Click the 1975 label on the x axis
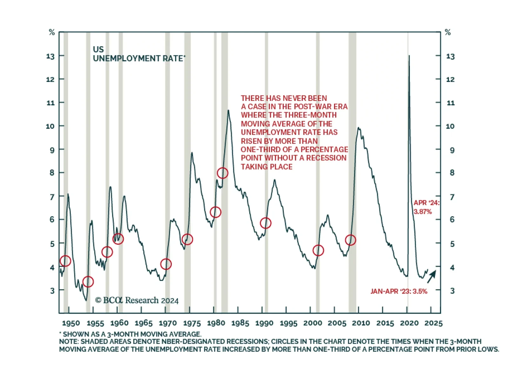[192, 323]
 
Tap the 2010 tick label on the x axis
[361, 323]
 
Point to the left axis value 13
[50, 57]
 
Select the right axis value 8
[452, 173]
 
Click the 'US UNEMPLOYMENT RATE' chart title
[139, 54]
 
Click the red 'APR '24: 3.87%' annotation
[426, 207]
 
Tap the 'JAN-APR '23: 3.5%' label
[399, 291]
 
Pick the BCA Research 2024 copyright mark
[137, 300]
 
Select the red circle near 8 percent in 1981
[223, 173]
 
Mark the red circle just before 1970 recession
[166, 264]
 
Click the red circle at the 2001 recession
[318, 250]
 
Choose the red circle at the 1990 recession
[265, 223]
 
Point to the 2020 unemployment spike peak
[409, 56]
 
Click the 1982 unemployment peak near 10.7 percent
[228, 110]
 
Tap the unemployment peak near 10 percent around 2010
[358, 128]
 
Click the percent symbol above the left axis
[52, 32]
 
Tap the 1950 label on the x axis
[71, 323]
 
